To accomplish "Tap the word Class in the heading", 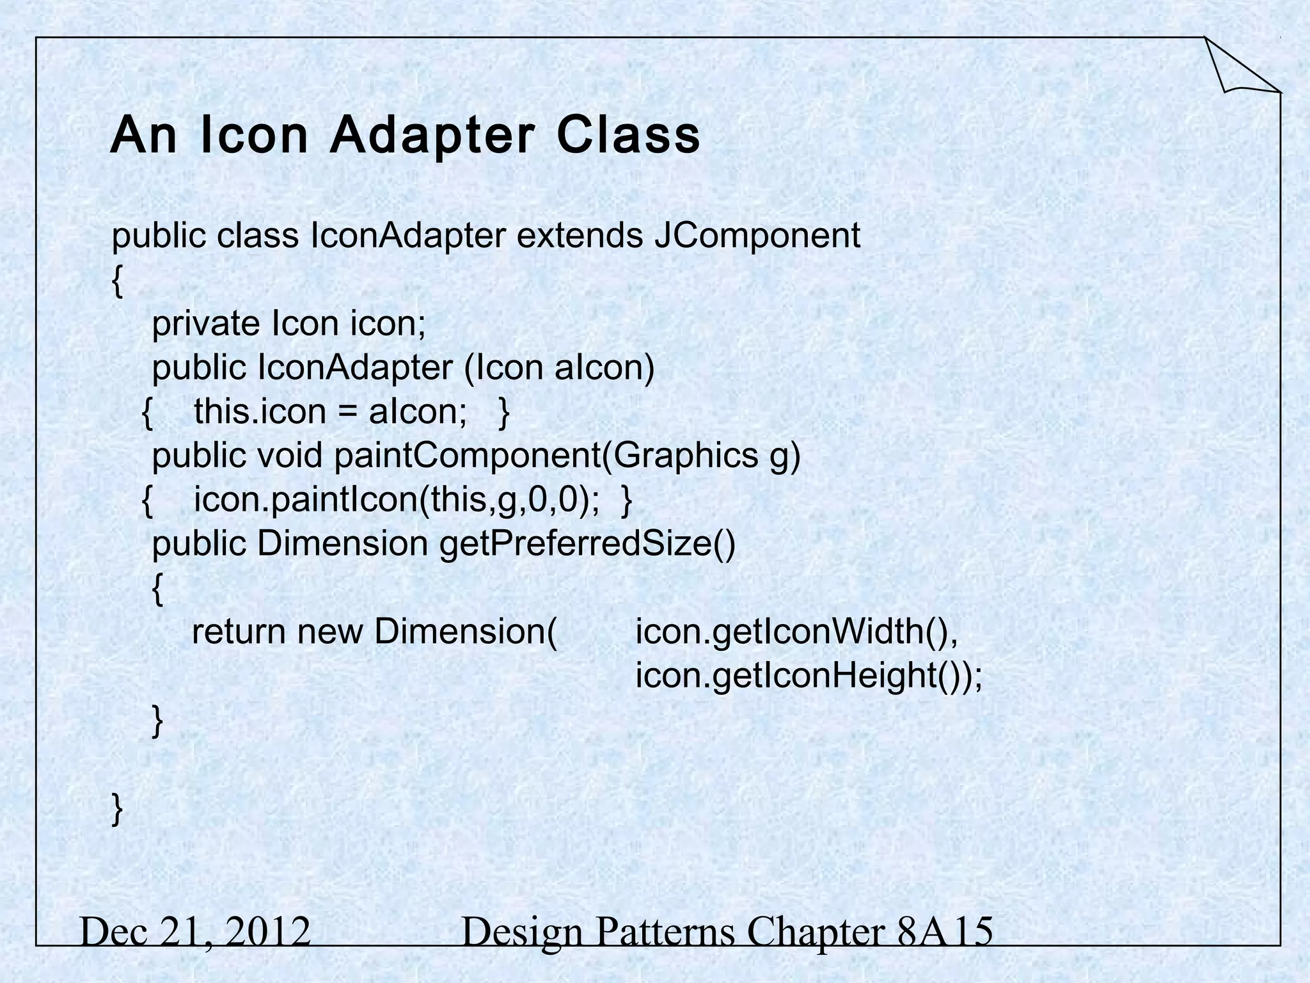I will (x=629, y=136).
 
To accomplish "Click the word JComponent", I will (x=757, y=236).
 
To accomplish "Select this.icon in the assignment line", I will (x=260, y=412).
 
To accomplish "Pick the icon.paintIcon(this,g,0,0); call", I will (x=397, y=500).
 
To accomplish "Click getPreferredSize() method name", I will (x=587, y=544).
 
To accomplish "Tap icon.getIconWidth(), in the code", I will (x=796, y=632).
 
